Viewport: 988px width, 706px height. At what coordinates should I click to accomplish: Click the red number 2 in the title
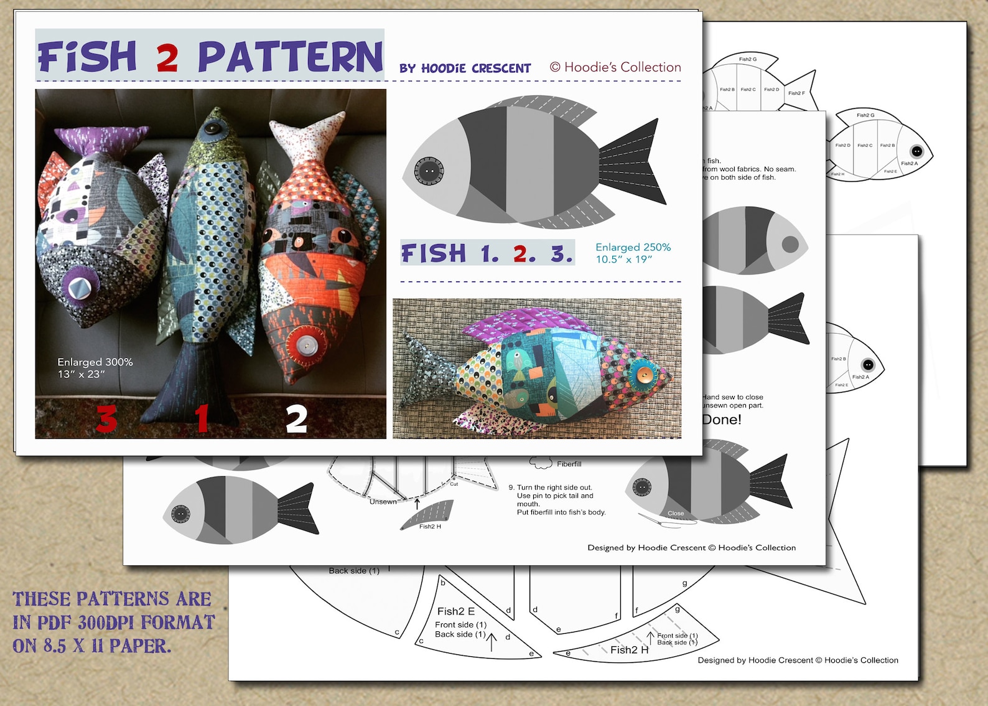(x=167, y=58)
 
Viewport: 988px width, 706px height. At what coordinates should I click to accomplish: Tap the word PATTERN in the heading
(x=290, y=57)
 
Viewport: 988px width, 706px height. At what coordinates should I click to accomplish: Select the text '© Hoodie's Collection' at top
(x=615, y=67)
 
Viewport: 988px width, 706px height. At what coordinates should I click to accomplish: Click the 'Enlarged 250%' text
(x=633, y=247)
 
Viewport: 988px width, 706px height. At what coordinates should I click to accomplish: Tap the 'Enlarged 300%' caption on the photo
(x=95, y=362)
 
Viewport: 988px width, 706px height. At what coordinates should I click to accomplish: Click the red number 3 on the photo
(x=106, y=418)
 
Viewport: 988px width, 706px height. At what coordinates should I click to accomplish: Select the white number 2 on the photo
(x=296, y=419)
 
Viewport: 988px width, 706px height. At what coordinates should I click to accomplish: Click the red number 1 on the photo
(x=202, y=418)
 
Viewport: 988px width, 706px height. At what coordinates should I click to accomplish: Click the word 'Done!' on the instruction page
(x=722, y=420)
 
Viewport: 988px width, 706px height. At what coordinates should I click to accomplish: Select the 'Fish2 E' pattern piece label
(x=455, y=611)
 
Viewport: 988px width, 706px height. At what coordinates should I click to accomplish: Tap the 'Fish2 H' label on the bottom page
(x=629, y=650)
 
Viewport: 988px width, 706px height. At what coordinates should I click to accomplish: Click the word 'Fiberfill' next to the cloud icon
(x=569, y=464)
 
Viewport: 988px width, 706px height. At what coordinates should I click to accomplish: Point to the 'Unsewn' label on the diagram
(x=383, y=501)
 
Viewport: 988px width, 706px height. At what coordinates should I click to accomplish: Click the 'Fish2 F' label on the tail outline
(x=796, y=93)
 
